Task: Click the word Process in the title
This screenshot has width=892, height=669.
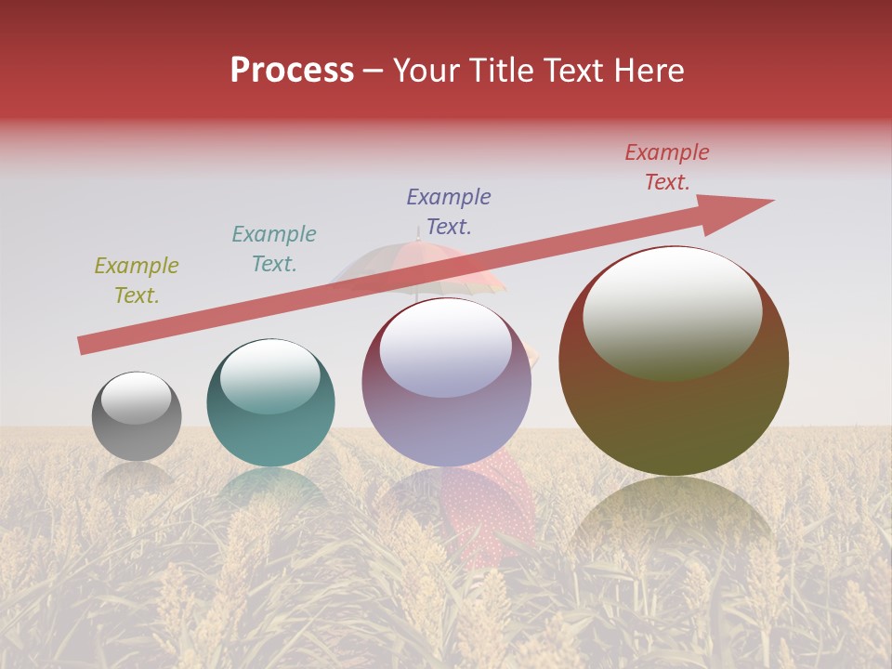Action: pyautogui.click(x=292, y=71)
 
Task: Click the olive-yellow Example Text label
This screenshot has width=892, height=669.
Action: pyautogui.click(x=137, y=281)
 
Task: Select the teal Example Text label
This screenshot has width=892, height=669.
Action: pyautogui.click(x=274, y=249)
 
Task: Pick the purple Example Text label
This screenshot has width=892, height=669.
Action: pyautogui.click(x=449, y=212)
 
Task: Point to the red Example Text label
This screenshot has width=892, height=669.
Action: pyautogui.click(x=667, y=167)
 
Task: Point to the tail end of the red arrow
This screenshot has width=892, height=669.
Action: pyautogui.click(x=84, y=346)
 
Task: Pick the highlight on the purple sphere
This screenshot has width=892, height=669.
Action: pyautogui.click(x=445, y=348)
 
